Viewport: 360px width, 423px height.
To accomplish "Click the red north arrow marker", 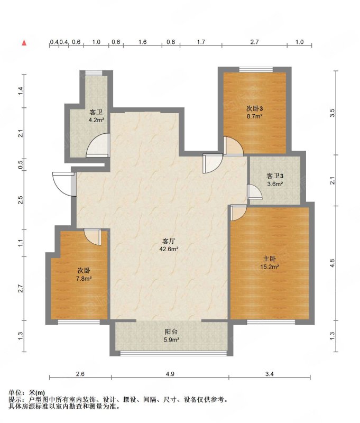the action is [x=24, y=43].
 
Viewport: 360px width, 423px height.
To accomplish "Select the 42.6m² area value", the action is [x=169, y=249].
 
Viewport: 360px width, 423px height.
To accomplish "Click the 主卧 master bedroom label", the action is [x=270, y=259].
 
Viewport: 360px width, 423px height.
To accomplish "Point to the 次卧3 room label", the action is [x=255, y=108].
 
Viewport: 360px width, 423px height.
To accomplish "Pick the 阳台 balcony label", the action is [x=171, y=332].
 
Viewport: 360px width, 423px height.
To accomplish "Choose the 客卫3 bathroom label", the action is [x=274, y=176].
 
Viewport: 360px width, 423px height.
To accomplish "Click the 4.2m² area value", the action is [x=96, y=120].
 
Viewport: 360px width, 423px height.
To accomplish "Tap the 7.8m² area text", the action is [x=84, y=279].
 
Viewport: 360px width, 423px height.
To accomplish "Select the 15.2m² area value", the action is [x=270, y=267].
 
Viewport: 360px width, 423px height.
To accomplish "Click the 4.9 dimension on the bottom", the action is [x=170, y=374].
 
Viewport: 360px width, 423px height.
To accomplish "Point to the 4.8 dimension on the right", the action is [x=332, y=263].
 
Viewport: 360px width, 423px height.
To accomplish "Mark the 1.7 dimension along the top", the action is [x=201, y=42].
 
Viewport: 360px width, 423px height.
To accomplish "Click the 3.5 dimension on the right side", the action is [x=332, y=113].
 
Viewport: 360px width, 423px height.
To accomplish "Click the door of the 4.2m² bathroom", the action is [x=98, y=145].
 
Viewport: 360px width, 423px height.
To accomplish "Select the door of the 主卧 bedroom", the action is [x=238, y=213].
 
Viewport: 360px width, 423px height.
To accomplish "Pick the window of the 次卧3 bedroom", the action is [x=256, y=69].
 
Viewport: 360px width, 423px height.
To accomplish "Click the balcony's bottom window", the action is [x=173, y=353].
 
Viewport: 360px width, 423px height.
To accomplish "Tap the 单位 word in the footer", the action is [x=15, y=393].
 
